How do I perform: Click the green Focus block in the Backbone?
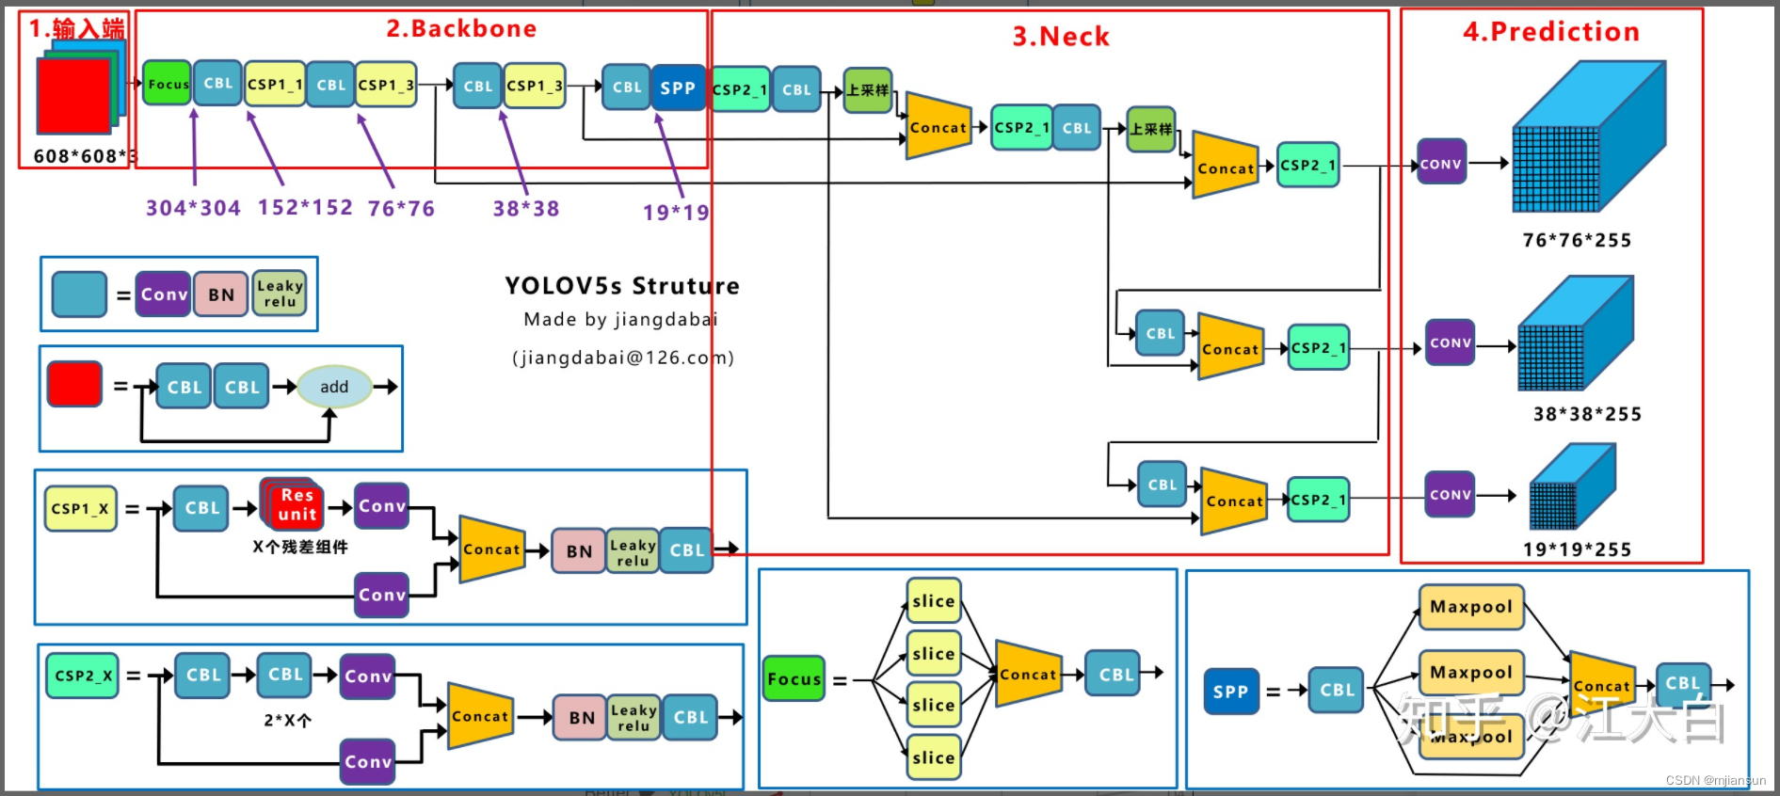168,84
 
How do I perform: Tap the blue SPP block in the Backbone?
677,88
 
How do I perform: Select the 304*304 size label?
193,208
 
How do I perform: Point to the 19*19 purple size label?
675,213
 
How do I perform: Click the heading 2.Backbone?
461,29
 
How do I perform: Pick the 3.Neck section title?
1061,37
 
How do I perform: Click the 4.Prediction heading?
1550,32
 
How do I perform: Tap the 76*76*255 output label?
1577,240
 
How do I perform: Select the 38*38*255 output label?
1587,414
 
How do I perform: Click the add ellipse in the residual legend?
334,387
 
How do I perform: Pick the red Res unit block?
297,505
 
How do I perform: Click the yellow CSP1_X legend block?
80,509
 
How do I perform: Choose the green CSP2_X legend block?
83,676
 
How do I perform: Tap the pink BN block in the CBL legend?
221,295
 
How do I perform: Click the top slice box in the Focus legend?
933,601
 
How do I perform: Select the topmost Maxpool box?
1470,607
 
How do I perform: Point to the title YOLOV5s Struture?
621,286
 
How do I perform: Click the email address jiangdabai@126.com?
622,358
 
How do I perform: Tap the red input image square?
73,95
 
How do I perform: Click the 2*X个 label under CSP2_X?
287,721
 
